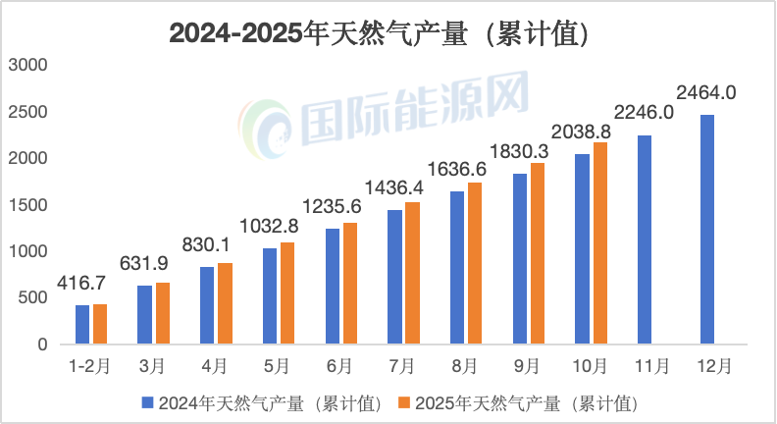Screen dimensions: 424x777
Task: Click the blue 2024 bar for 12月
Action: click(x=707, y=230)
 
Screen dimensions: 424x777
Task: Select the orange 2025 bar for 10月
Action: click(x=600, y=243)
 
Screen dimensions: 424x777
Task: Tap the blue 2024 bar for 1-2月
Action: click(x=82, y=325)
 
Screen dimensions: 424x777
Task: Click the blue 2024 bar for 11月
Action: click(x=645, y=239)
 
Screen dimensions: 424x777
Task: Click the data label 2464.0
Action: click(x=706, y=94)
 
